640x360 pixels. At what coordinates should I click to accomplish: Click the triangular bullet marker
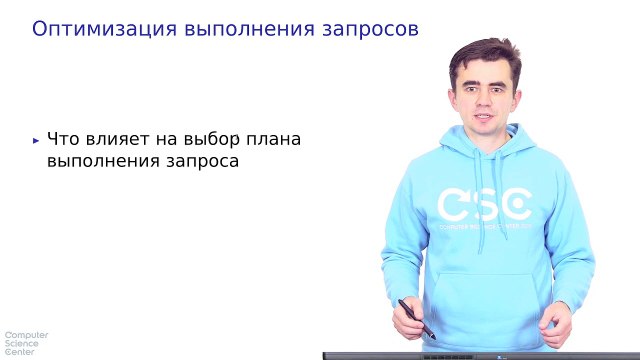[37, 140]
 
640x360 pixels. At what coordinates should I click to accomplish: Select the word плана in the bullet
[276, 139]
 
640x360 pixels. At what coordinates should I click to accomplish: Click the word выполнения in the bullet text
[96, 160]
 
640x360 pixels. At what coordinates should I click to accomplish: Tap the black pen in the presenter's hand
[416, 318]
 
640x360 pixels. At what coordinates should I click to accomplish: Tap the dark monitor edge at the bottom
[480, 355]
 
